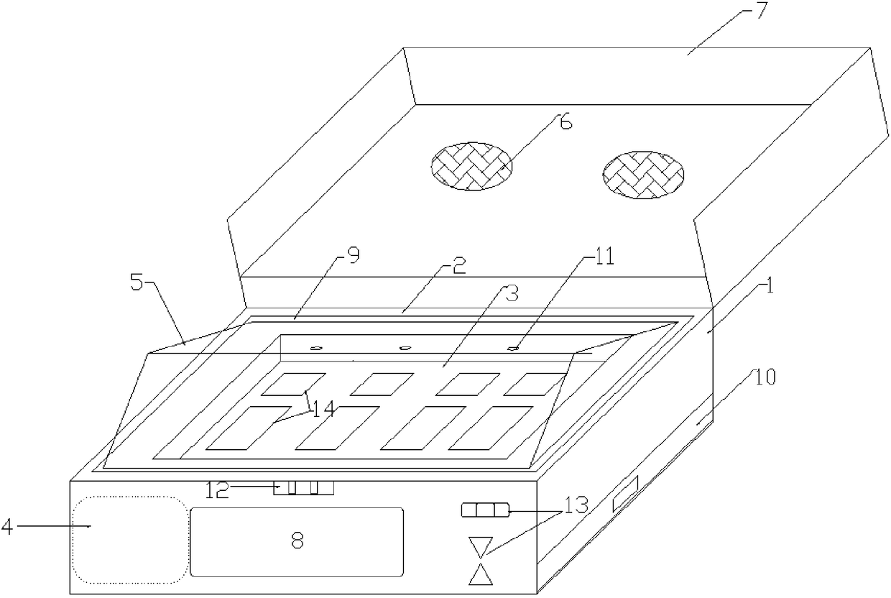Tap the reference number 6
(566, 123)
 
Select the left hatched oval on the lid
(471, 166)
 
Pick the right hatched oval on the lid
(643, 175)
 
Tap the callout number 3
(511, 293)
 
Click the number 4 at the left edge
(6, 527)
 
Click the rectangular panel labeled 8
(296, 541)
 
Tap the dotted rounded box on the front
(128, 539)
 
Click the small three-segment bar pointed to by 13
(485, 511)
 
